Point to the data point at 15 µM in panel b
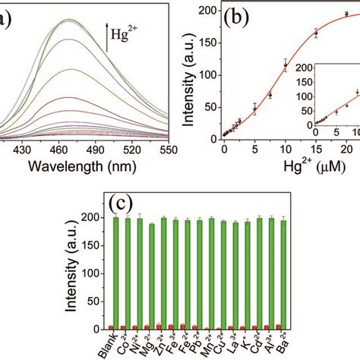pos(316,33)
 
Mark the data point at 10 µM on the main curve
pos(286,65)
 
